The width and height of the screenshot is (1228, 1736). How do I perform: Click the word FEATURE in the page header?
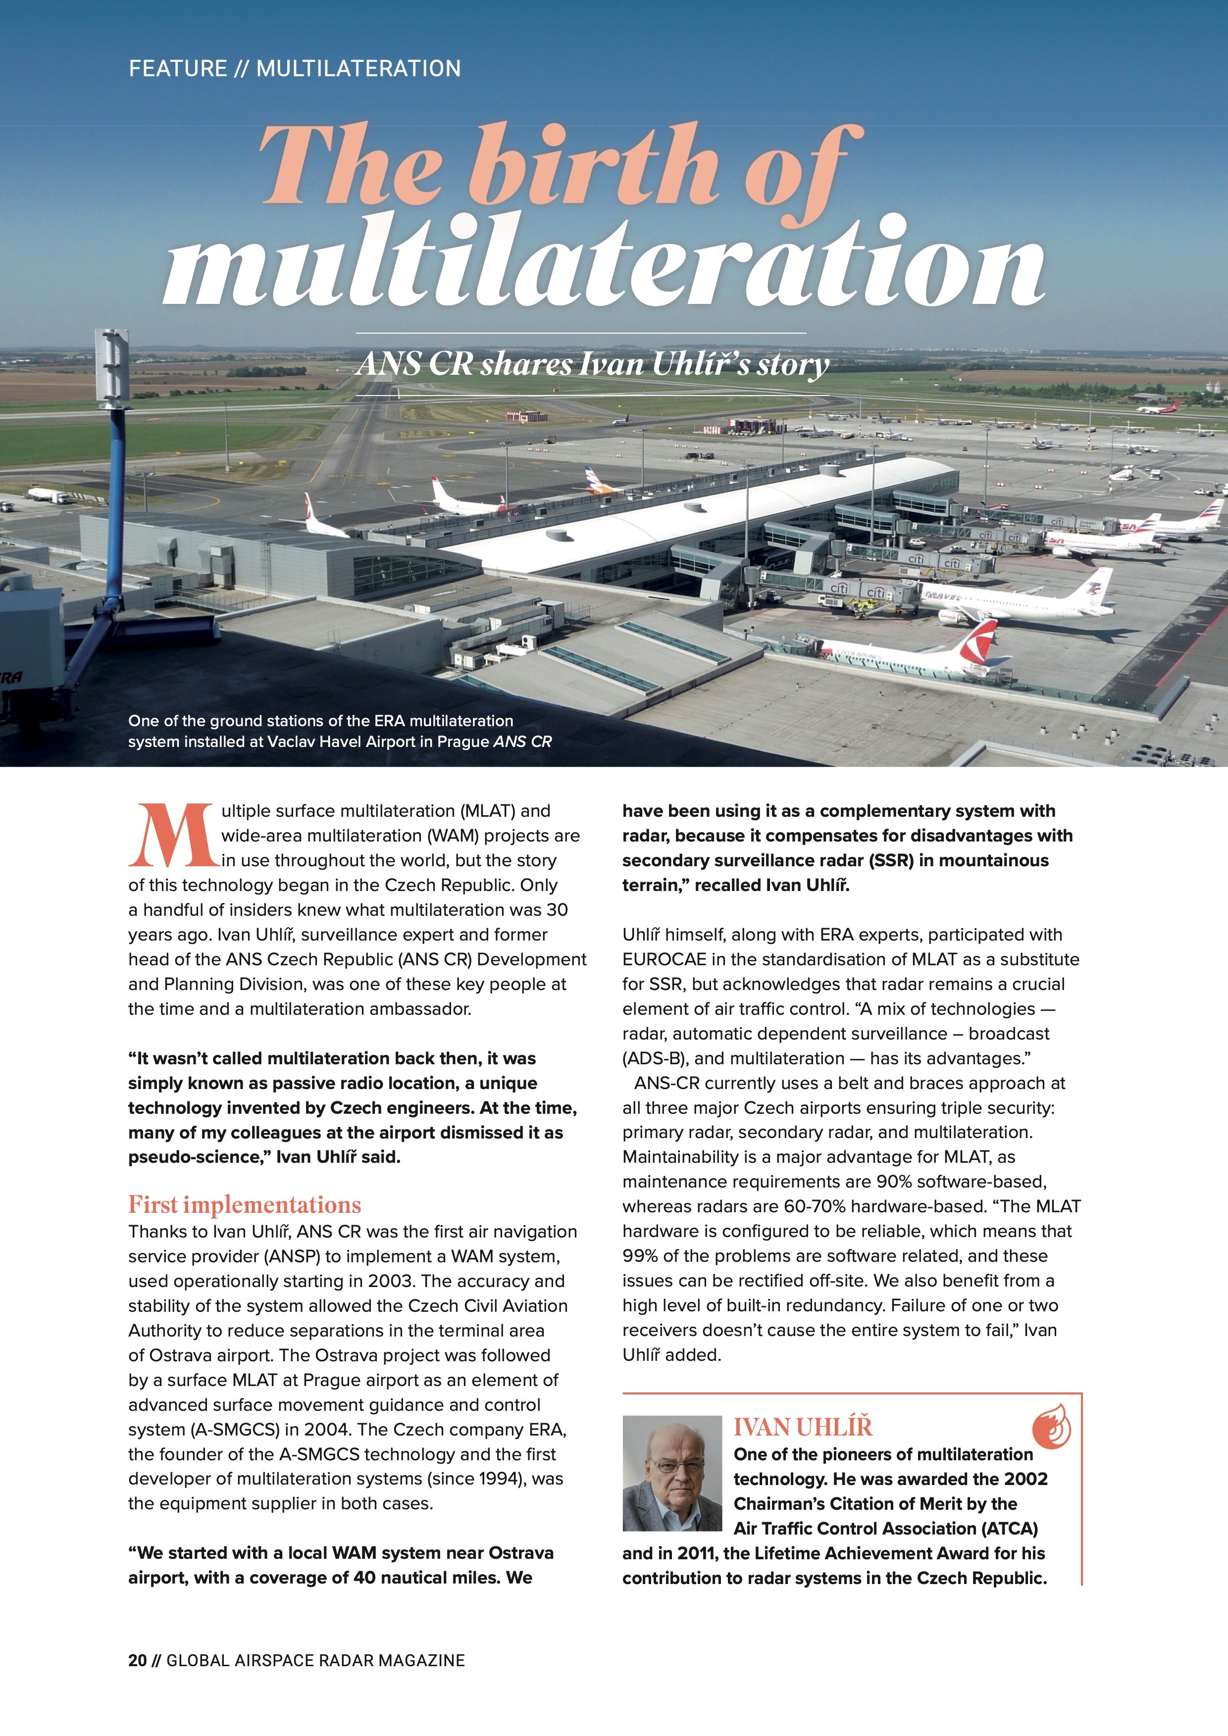[178, 69]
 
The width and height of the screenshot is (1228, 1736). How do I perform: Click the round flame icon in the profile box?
[1051, 1427]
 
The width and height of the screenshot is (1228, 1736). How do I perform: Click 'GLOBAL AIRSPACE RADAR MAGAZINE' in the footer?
[315, 1660]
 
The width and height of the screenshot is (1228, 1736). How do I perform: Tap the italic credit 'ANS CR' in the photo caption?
[522, 742]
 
